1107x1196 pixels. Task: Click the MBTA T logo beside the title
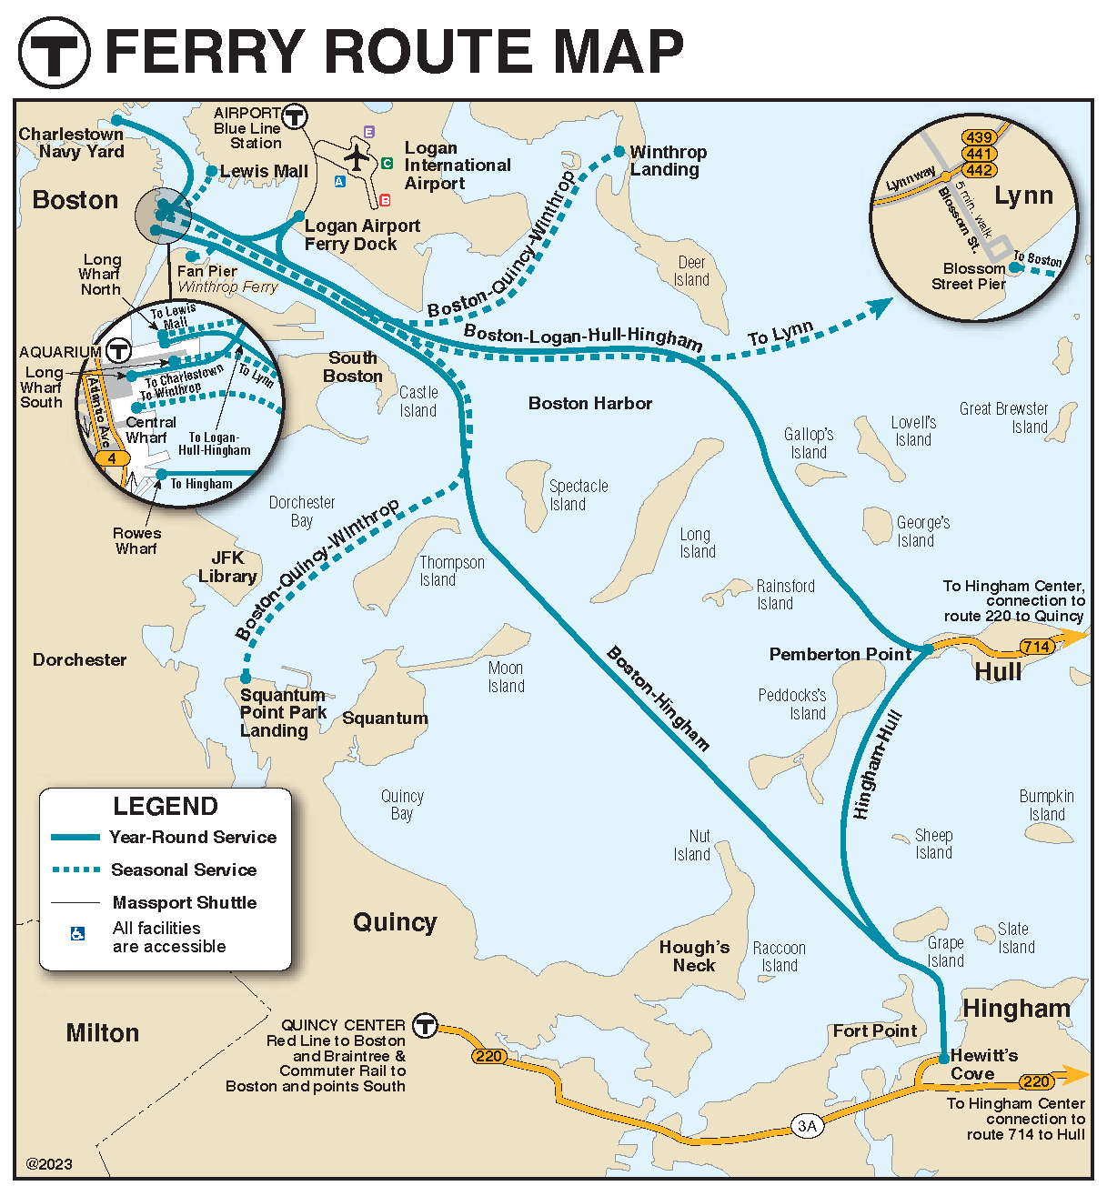55,52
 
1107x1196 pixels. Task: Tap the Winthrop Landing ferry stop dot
619,152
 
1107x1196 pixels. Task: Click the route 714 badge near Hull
1036,647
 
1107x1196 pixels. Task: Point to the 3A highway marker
807,1126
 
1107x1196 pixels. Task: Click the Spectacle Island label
578,495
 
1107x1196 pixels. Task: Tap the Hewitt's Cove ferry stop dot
944,1058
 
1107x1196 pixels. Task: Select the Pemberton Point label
840,654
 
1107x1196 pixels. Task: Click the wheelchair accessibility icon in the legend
78,934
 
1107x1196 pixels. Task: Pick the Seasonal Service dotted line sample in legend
76,869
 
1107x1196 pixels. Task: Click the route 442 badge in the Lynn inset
979,170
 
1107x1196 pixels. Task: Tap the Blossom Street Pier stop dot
1014,267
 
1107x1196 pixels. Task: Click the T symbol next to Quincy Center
425,1025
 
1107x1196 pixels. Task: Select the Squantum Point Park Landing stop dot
246,678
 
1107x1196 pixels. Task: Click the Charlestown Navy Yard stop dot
116,120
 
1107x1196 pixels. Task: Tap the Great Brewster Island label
1004,417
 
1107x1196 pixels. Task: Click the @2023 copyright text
49,1164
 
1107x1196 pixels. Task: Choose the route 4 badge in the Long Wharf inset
112,458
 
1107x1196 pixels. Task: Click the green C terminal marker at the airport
387,164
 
